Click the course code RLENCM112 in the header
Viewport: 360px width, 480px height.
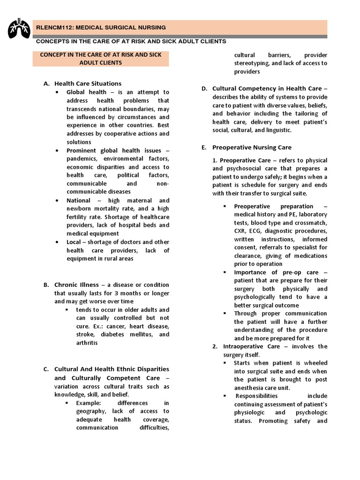[x=54, y=28]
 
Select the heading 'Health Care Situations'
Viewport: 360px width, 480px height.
[x=88, y=83]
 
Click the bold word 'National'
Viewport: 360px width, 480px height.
[x=79, y=200]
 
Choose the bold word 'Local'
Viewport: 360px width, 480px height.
[x=75, y=242]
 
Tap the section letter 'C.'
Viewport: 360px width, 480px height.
[x=46, y=369]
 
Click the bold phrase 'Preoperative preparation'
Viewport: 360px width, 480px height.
[x=274, y=206]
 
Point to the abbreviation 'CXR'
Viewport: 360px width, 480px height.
[x=241, y=231]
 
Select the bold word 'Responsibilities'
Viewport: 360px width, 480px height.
[x=257, y=396]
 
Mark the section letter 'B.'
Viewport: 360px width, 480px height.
[x=46, y=285]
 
